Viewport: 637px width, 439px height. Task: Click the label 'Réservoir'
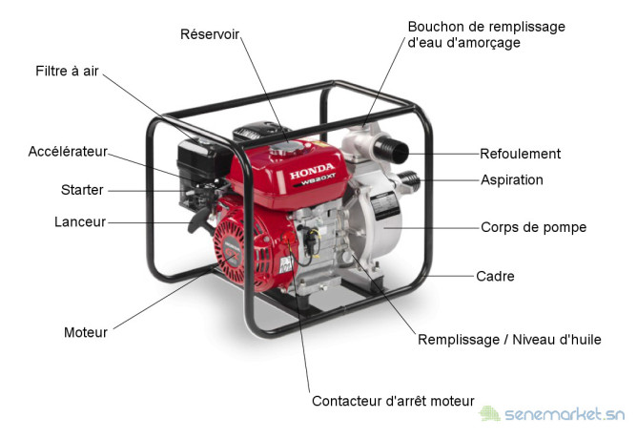210,34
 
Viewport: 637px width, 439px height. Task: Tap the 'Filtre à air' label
67,71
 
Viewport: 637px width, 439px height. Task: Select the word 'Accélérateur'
68,151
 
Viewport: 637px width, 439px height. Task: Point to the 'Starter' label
82,190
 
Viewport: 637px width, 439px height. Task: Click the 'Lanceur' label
80,222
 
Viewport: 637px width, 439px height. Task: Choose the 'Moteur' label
86,332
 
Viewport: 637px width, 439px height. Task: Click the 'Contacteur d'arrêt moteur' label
393,401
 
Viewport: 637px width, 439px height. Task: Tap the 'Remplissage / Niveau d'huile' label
509,340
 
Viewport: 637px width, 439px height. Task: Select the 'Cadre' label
495,277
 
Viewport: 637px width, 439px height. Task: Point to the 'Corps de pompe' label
533,227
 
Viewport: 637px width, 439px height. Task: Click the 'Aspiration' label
512,179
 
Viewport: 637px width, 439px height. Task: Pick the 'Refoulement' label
520,154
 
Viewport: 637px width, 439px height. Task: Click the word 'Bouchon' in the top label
431,27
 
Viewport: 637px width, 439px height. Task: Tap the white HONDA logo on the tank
312,171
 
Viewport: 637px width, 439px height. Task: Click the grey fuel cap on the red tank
287,148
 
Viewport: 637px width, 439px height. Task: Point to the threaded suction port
408,182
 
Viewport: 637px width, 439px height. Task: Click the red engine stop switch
289,238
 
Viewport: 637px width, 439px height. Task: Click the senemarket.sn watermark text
565,414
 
